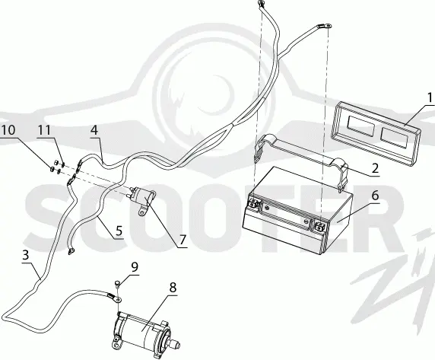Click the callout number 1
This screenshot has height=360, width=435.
point(430,97)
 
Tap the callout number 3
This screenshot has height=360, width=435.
point(26,255)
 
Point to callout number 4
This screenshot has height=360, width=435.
point(94,130)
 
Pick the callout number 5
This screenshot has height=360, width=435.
point(119,231)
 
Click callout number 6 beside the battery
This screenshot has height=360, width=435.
point(375,196)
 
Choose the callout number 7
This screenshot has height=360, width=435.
point(182,240)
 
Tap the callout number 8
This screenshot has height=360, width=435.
point(173,288)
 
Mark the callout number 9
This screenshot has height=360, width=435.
point(135,267)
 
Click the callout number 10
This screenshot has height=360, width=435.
point(8,130)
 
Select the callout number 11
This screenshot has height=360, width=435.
point(44,130)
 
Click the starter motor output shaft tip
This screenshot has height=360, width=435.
point(177,346)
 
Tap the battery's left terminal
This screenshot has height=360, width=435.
point(253,203)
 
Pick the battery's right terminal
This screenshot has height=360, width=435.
point(319,226)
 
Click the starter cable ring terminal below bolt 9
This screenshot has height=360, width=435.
point(119,299)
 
